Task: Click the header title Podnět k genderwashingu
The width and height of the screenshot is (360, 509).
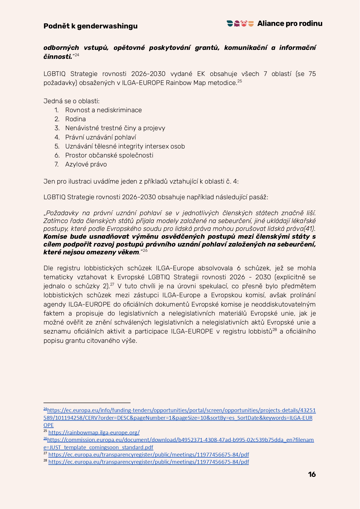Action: (90, 26)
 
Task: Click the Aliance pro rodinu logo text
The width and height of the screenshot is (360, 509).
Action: (290, 23)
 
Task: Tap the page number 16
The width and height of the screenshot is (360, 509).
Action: (312, 474)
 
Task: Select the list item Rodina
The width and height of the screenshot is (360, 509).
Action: (75, 119)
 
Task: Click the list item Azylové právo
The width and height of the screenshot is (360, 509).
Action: (86, 164)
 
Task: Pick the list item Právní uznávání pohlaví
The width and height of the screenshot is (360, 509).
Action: (100, 137)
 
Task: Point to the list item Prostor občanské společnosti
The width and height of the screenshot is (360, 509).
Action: (109, 155)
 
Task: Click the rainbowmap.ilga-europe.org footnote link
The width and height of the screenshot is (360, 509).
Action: (94, 432)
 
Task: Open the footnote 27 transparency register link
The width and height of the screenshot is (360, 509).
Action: (148, 454)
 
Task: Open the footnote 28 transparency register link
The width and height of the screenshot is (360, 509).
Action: (148, 462)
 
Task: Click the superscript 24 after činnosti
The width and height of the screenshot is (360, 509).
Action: (77, 55)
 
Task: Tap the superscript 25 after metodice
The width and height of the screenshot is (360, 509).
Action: (240, 81)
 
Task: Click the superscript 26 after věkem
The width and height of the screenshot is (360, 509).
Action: (145, 250)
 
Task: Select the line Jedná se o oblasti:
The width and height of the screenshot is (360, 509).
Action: (71, 101)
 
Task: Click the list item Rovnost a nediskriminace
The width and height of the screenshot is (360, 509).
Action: (103, 110)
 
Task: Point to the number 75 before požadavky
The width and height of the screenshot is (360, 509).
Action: (312, 74)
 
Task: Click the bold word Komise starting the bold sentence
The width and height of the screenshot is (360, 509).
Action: (55, 236)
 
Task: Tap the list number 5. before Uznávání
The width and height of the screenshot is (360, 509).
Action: (57, 146)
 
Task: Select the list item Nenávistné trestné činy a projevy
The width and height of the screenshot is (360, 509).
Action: (115, 128)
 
